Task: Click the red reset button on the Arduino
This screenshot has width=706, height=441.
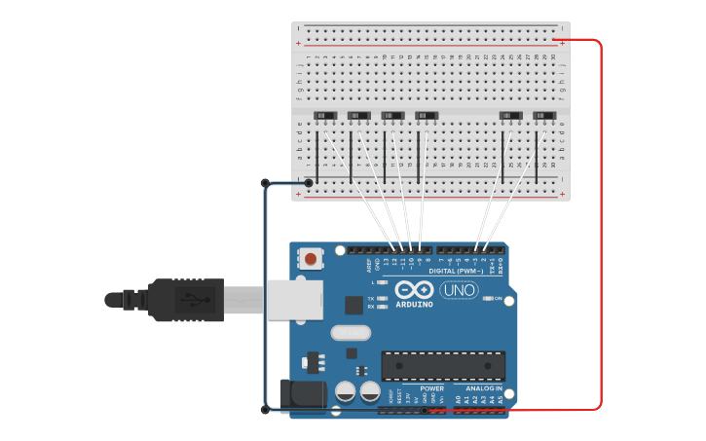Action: coord(310,259)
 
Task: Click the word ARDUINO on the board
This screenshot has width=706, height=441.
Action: coord(414,305)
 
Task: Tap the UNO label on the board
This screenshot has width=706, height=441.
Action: coord(459,289)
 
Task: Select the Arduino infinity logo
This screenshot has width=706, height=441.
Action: coord(414,290)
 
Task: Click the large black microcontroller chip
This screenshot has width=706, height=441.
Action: coord(443,365)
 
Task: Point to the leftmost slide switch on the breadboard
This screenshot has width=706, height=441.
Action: coord(325,117)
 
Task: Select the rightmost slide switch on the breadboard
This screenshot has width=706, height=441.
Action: coord(545,117)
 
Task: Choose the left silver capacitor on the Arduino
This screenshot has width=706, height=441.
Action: coord(345,391)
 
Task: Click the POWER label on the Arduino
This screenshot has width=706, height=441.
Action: coord(431,387)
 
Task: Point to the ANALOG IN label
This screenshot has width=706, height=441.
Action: coord(484,387)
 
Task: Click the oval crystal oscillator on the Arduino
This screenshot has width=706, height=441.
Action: coord(351,333)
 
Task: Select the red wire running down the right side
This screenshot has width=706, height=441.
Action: coord(601,224)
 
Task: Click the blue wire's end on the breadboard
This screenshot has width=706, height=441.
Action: coord(309,182)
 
